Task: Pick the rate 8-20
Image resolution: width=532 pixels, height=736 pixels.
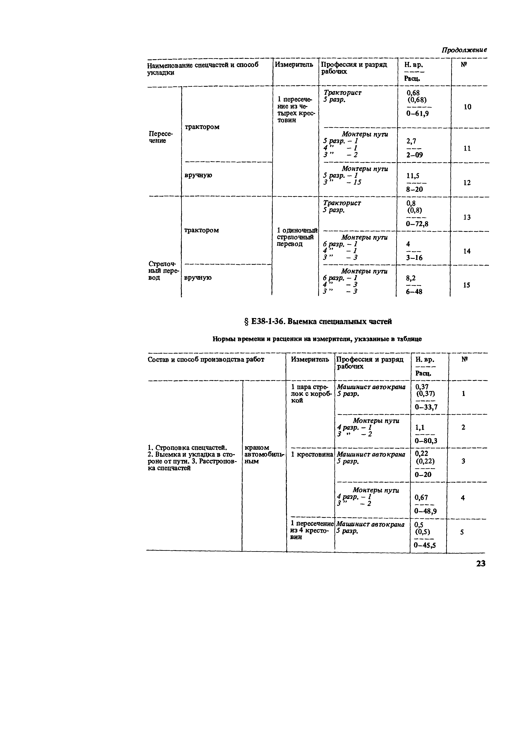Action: pyautogui.click(x=415, y=189)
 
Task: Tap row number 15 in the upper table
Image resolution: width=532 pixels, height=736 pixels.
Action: pyautogui.click(x=466, y=285)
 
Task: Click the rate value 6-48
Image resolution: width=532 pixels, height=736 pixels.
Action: pyautogui.click(x=414, y=291)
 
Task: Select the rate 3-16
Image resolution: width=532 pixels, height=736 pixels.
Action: pyautogui.click(x=414, y=258)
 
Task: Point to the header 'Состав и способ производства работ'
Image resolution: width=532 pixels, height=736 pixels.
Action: pyautogui.click(x=206, y=359)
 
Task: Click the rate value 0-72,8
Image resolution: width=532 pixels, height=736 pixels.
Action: pyautogui.click(x=417, y=224)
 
